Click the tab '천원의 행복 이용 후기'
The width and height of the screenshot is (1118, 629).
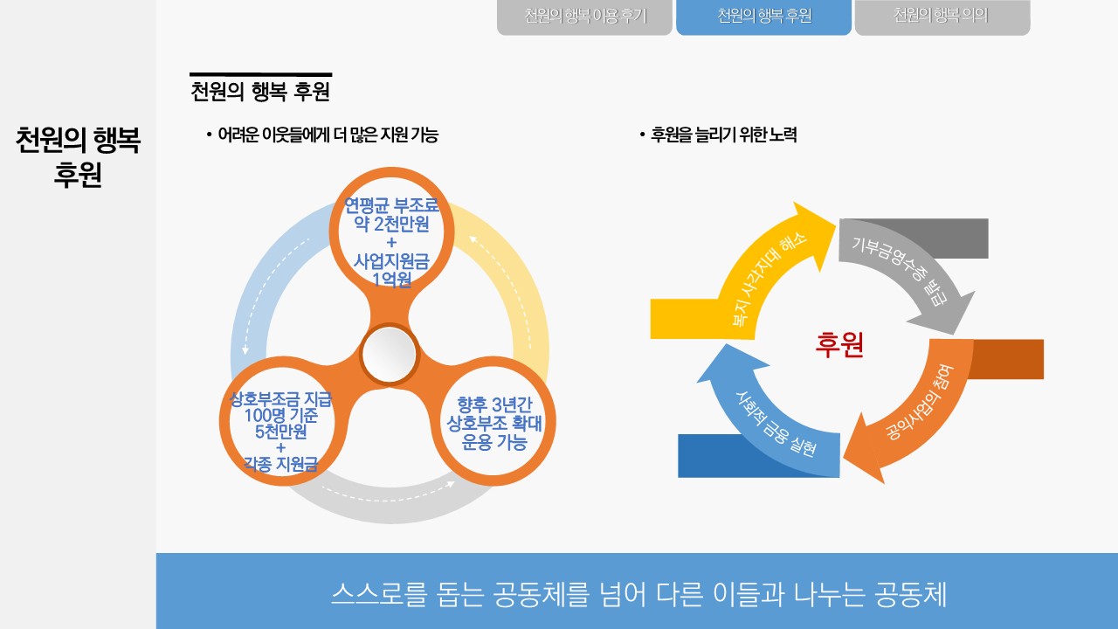[x=585, y=17]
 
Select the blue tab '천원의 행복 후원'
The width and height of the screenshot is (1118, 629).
[x=763, y=17]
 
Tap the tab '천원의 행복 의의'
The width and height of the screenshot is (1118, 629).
[x=942, y=17]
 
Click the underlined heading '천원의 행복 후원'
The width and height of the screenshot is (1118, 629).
[x=260, y=91]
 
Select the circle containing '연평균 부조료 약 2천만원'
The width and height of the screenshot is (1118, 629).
[x=390, y=229]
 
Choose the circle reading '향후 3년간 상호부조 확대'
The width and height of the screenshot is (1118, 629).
[x=494, y=424]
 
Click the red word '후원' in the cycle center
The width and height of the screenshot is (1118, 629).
[x=839, y=345]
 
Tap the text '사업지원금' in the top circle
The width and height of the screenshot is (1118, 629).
[x=390, y=261]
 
